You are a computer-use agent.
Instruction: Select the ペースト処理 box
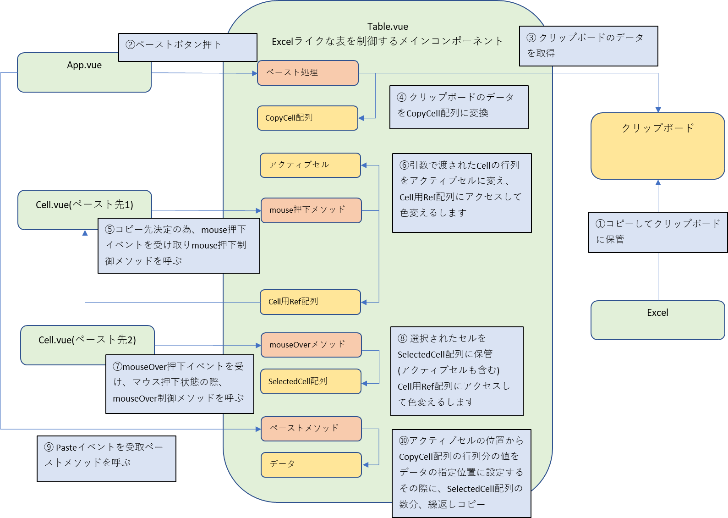[307, 73]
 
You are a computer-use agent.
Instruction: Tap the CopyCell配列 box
[307, 118]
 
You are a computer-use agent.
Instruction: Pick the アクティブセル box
[310, 165]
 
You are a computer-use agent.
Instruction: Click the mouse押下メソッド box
[311, 210]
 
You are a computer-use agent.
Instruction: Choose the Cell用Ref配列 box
[310, 302]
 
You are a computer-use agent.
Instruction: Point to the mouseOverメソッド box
[311, 345]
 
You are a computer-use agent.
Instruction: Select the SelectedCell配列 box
[311, 381]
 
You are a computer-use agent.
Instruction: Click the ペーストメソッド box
[311, 429]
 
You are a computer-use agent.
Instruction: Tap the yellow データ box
[311, 464]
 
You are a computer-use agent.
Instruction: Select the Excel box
[657, 320]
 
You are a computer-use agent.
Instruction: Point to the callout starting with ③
[588, 46]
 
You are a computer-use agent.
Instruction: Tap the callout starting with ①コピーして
[658, 232]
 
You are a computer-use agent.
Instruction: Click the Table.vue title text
[388, 27]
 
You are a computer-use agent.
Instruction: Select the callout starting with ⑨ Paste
[106, 458]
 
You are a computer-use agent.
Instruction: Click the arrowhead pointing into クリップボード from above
[658, 110]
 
